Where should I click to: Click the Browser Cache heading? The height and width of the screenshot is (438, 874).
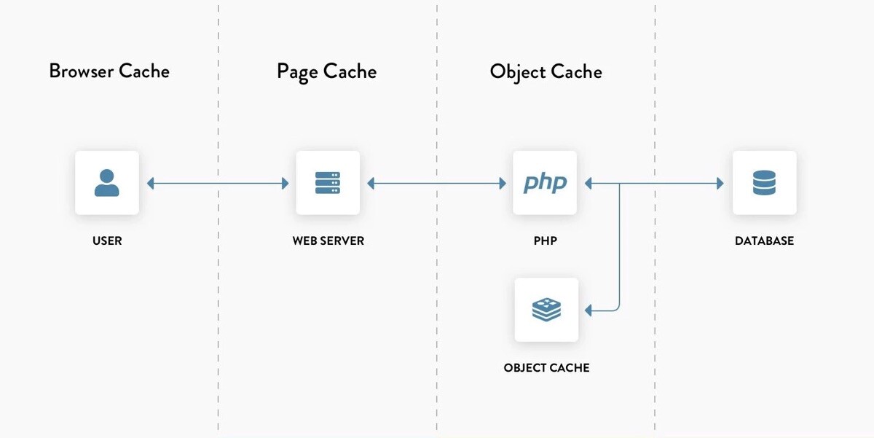pos(109,71)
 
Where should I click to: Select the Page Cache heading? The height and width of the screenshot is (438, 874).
pos(326,71)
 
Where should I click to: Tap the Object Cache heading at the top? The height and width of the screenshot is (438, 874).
pos(546,71)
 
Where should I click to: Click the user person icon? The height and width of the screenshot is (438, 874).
pos(107,183)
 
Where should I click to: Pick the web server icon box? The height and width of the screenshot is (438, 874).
pos(328,183)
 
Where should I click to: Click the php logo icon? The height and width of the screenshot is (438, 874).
pos(545,183)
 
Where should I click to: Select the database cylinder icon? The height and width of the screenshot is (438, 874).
pos(764,183)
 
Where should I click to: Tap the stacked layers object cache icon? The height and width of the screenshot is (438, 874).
pos(546,310)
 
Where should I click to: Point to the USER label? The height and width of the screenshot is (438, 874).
pos(107,240)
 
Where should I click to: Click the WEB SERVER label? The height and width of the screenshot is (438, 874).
pos(328,240)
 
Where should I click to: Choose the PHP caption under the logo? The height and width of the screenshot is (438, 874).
pos(545,240)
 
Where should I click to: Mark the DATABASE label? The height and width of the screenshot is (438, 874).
pos(764,240)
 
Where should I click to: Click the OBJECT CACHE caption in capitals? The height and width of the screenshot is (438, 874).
pos(546,368)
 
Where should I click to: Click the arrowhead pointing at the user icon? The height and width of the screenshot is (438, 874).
pos(151,184)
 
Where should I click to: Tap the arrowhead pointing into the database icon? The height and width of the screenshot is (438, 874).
pos(720,184)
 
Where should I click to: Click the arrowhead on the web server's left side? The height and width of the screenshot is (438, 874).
pos(285,184)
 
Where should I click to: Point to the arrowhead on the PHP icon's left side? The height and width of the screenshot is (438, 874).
pos(502,184)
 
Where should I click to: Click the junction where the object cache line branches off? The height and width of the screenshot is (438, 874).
pos(619,184)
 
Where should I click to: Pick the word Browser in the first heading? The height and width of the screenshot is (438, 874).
pos(81,71)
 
